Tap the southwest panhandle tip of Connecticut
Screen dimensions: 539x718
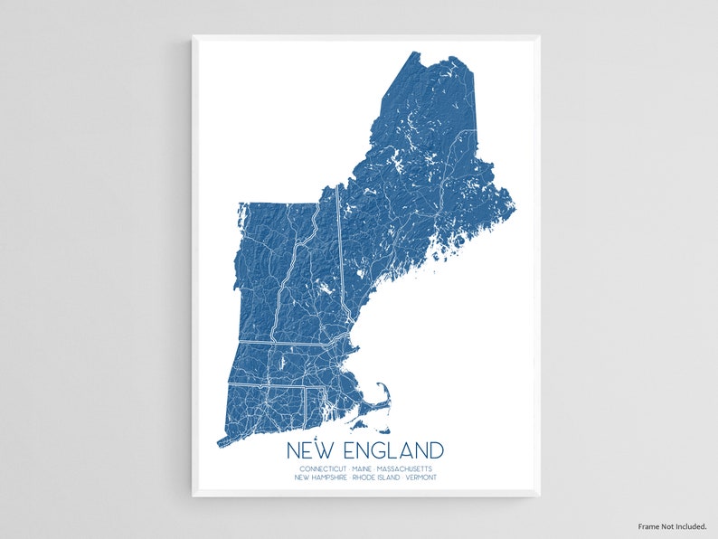pyautogui.click(x=219, y=443)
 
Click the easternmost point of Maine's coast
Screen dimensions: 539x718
pyautogui.click(x=514, y=210)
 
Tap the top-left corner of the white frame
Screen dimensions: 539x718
pyautogui.click(x=194, y=37)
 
